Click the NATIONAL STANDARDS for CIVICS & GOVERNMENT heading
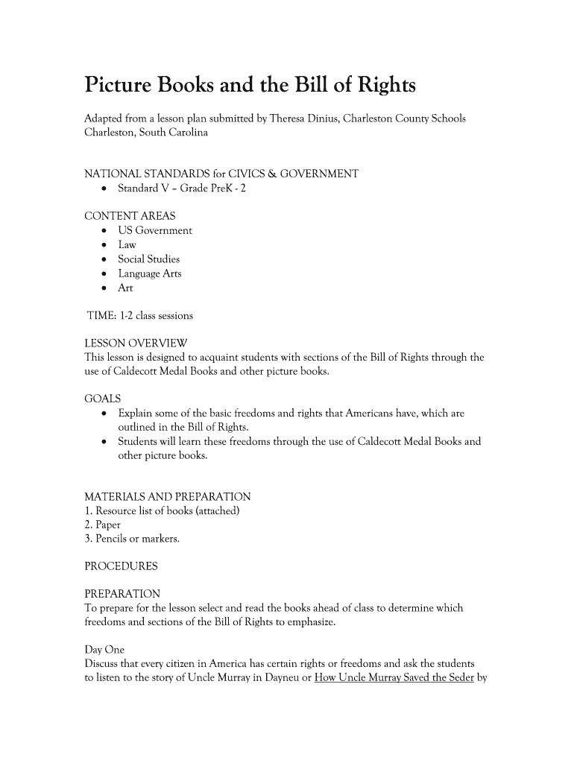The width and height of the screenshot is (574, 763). [x=221, y=174]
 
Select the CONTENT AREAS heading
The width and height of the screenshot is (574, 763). [x=130, y=216]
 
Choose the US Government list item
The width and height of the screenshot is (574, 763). [x=155, y=230]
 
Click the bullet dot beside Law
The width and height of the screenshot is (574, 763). [x=102, y=245]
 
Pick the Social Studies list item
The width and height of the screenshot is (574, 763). [x=148, y=259]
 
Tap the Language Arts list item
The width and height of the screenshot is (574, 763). [x=149, y=273]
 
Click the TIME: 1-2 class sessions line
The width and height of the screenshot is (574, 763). [x=140, y=316]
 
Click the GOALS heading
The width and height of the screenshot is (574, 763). [x=103, y=399]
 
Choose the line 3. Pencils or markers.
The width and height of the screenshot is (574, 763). [x=132, y=539]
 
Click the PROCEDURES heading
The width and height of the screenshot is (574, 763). [x=121, y=566]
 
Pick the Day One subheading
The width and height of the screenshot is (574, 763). [x=104, y=650]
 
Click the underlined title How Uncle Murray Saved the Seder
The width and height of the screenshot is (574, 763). [x=394, y=678]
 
